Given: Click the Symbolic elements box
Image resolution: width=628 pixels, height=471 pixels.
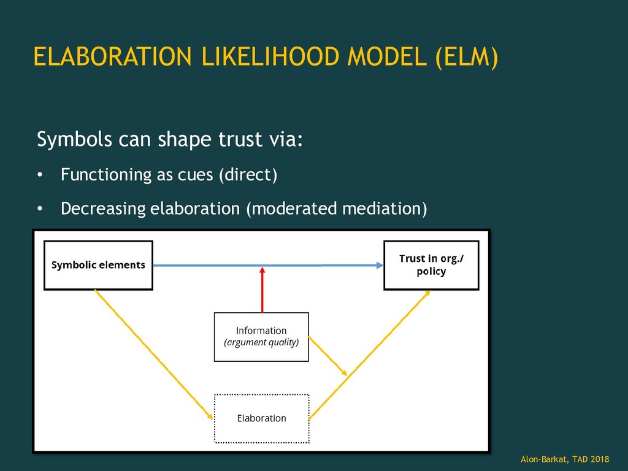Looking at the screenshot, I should click(98, 265).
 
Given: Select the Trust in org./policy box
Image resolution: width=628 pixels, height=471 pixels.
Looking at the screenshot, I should click(431, 265).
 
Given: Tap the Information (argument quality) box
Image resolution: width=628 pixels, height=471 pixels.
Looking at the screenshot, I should click(261, 337).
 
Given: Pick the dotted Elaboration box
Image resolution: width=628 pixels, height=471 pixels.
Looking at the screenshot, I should click(261, 418).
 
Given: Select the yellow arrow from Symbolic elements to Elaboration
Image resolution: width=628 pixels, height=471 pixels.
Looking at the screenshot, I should click(153, 353).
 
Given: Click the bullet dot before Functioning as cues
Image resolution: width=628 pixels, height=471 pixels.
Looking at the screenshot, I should click(40, 176).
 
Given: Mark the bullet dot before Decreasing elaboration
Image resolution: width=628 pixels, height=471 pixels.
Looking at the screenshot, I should click(40, 210).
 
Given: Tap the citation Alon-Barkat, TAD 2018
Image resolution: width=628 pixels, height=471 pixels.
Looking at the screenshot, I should click(565, 459).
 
